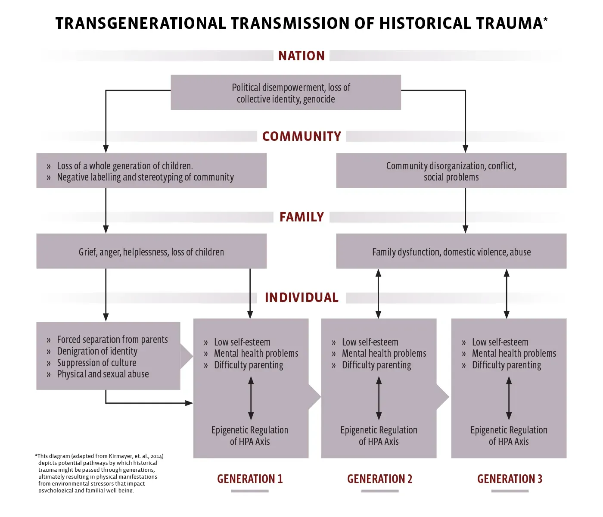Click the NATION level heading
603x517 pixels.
pyautogui.click(x=301, y=56)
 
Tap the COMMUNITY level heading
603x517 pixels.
pyautogui.click(x=301, y=137)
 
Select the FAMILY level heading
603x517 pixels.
pyautogui.click(x=301, y=217)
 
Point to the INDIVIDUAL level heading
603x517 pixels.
pyautogui.click(x=301, y=298)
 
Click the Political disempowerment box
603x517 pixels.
pyautogui.click(x=286, y=93)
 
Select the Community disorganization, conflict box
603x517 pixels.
pyautogui.click(x=451, y=171)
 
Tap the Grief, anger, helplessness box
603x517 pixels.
pyautogui.click(x=151, y=252)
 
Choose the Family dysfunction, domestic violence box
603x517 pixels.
pyautogui.click(x=451, y=252)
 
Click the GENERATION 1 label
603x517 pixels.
pyautogui.click(x=250, y=479)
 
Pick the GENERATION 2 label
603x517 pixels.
pyautogui.click(x=379, y=479)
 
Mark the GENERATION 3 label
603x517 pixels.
pyautogui.click(x=510, y=479)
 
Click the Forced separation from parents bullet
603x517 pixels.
pyautogui.click(x=112, y=340)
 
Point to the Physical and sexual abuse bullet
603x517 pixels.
pyautogui.click(x=103, y=374)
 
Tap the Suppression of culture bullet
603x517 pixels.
pyautogui.click(x=96, y=363)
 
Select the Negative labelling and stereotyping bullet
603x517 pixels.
pyautogui.click(x=145, y=178)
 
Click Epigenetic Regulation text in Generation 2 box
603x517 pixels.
pyautogui.click(x=379, y=430)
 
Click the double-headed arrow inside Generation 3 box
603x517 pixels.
pyautogui.click(x=509, y=398)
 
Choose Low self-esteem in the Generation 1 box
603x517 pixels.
pyautogui.click(x=242, y=343)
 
